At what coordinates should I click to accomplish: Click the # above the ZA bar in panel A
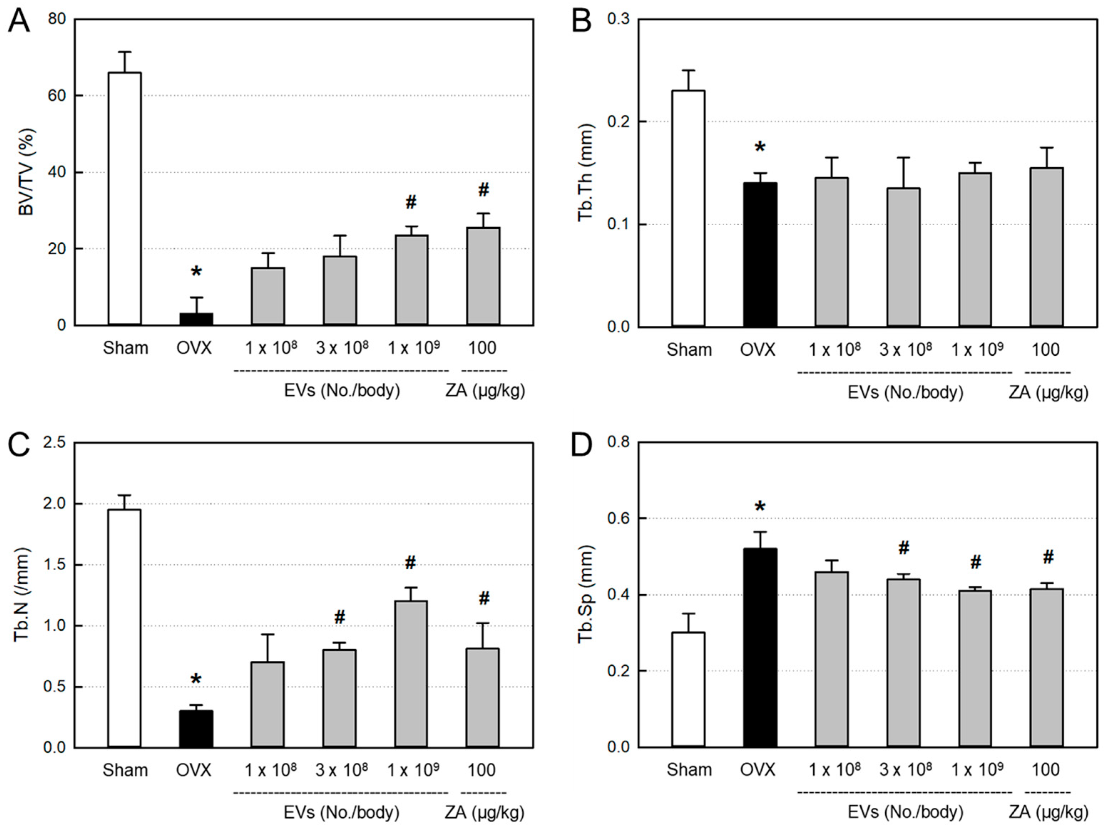tap(483, 190)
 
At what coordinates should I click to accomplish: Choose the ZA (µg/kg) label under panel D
tap(1048, 812)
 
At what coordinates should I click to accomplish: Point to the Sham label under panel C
tap(125, 770)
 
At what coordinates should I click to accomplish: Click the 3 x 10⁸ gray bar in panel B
tap(903, 257)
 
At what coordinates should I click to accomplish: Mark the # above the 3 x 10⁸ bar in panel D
tap(903, 548)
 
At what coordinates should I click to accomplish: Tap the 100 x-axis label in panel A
tap(482, 348)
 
